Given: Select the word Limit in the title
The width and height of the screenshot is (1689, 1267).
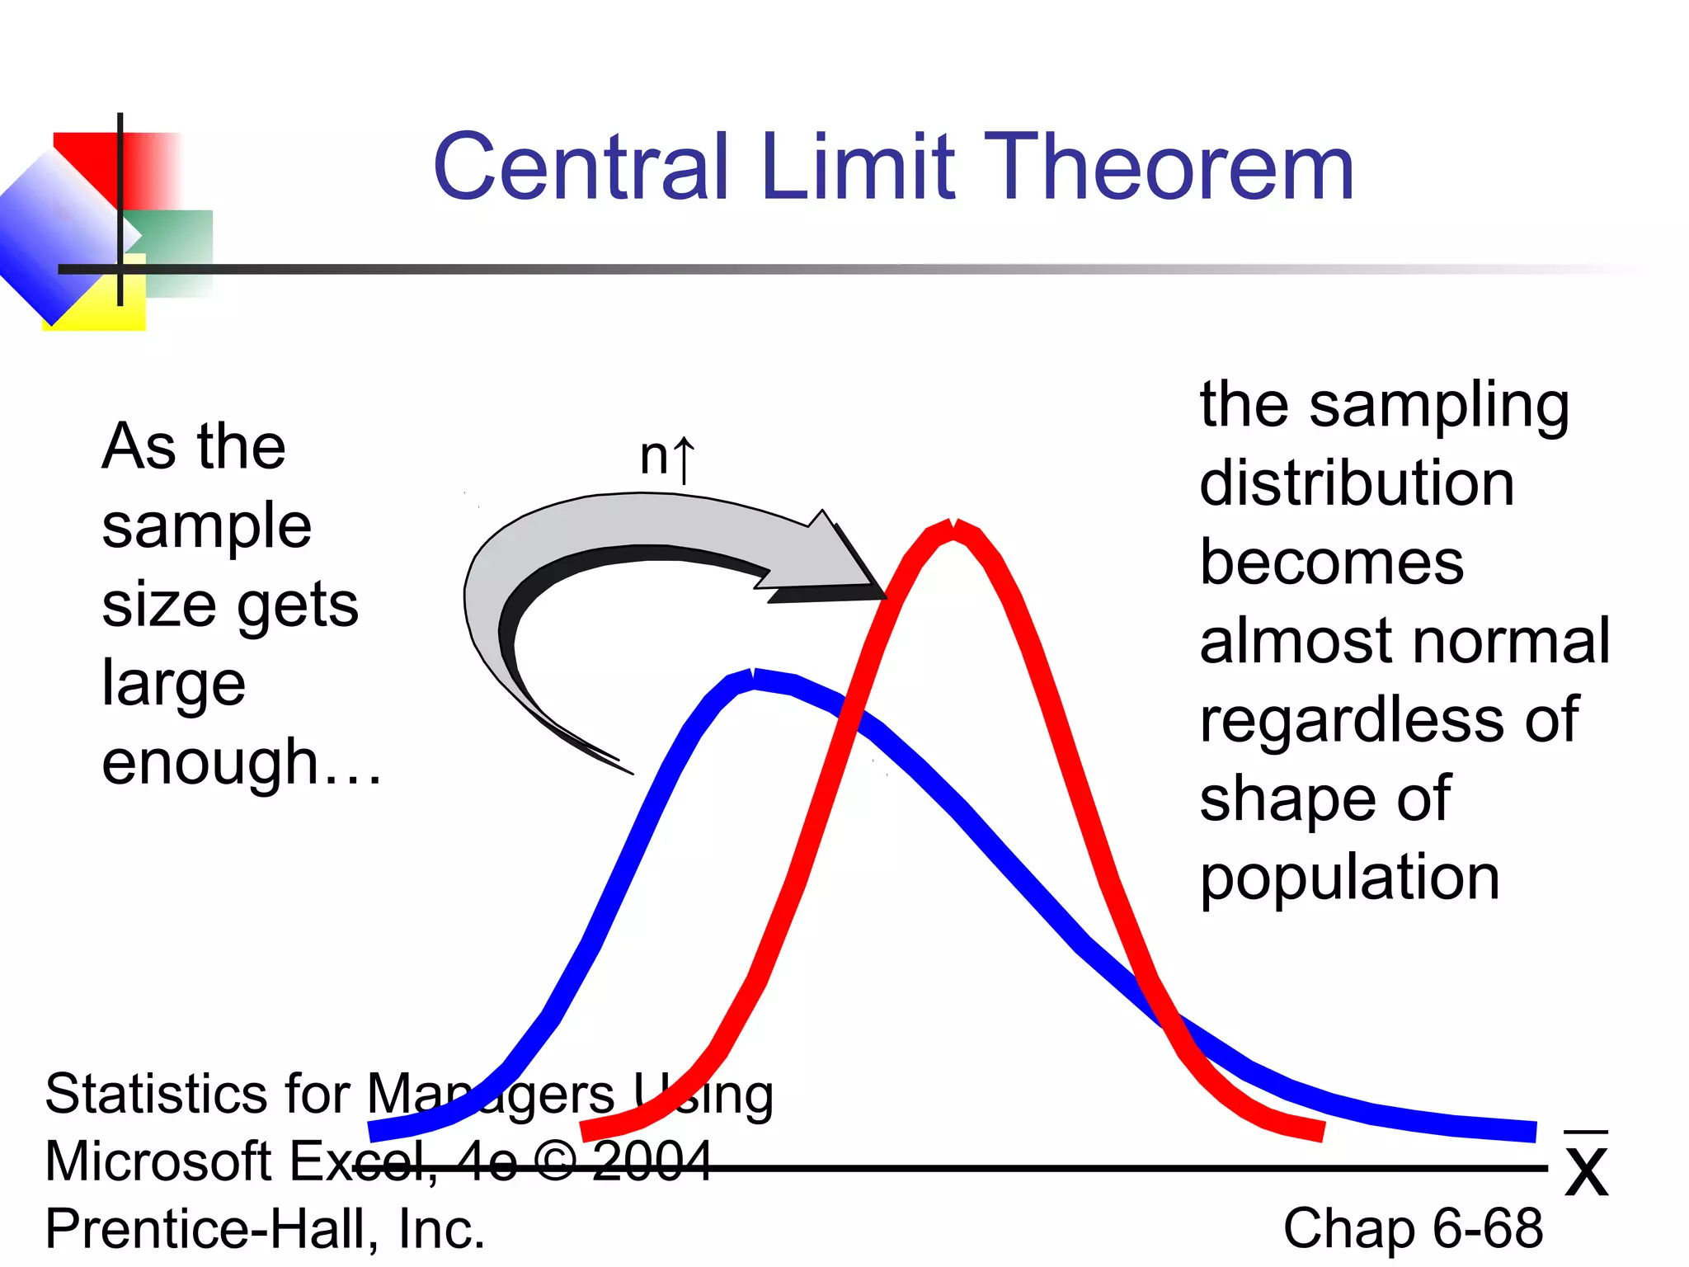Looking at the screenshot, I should click(858, 167).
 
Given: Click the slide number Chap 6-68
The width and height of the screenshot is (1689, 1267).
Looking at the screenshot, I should click(1412, 1228).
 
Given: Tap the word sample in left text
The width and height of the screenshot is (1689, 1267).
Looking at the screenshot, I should click(206, 526).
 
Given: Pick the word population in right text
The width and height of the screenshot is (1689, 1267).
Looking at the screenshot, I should click(1349, 878).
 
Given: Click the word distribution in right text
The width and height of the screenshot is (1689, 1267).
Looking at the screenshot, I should click(1357, 483).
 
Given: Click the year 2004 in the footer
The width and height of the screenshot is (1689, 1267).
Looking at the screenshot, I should click(652, 1161).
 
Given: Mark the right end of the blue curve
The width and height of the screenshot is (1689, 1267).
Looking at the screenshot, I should click(1532, 1131).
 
